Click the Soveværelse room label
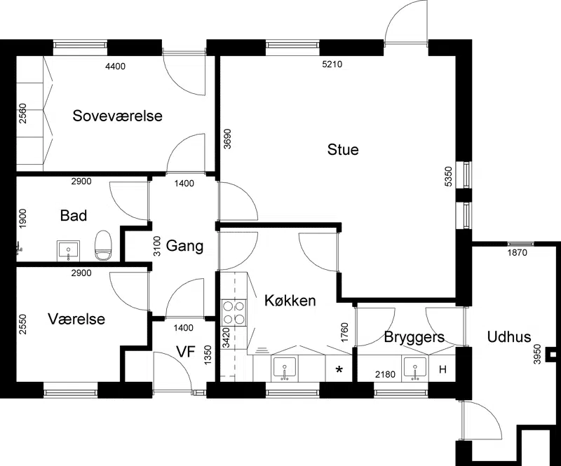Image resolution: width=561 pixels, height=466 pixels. click(x=117, y=116)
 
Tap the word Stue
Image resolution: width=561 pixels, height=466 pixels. click(x=343, y=149)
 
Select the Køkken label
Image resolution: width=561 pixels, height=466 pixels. click(x=290, y=301)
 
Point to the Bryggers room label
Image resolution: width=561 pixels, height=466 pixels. click(x=414, y=337)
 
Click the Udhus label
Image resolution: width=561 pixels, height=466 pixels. click(x=509, y=337)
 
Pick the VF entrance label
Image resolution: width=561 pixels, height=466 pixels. click(x=186, y=352)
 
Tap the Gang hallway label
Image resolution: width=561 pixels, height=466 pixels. click(x=184, y=246)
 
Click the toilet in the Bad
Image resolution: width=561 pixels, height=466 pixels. click(x=103, y=245)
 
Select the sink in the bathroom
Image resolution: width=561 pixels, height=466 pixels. click(x=68, y=251)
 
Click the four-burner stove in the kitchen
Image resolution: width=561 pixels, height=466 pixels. click(x=234, y=313)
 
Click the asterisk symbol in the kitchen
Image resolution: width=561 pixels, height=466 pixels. click(x=339, y=370)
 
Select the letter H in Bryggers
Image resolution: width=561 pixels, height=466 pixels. click(x=443, y=369)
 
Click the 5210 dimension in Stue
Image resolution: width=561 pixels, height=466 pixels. click(x=332, y=64)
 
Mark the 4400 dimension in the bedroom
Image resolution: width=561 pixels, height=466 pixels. click(x=116, y=66)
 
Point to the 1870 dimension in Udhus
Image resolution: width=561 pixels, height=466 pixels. click(x=518, y=253)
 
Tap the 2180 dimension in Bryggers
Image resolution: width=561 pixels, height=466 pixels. click(x=385, y=374)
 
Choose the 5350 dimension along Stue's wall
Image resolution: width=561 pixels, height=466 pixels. click(x=448, y=177)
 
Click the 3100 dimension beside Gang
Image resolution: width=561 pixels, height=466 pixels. click(x=156, y=246)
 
